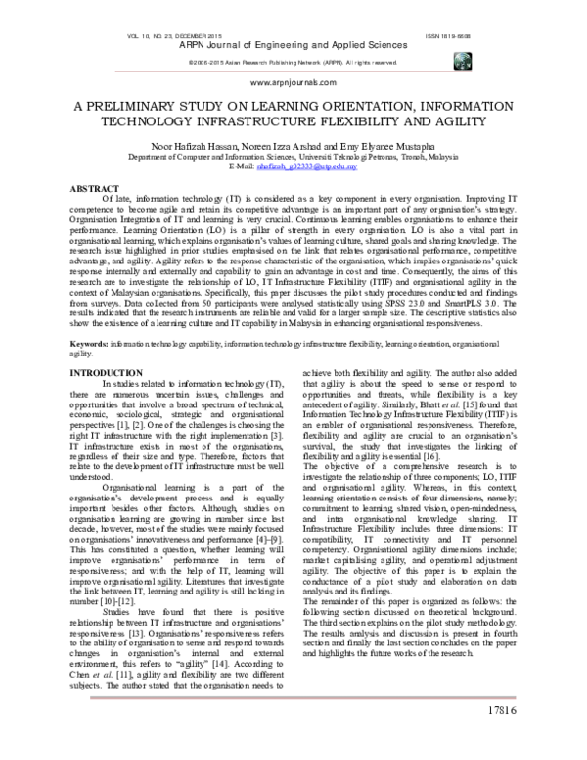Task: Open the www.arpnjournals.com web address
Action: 293,85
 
